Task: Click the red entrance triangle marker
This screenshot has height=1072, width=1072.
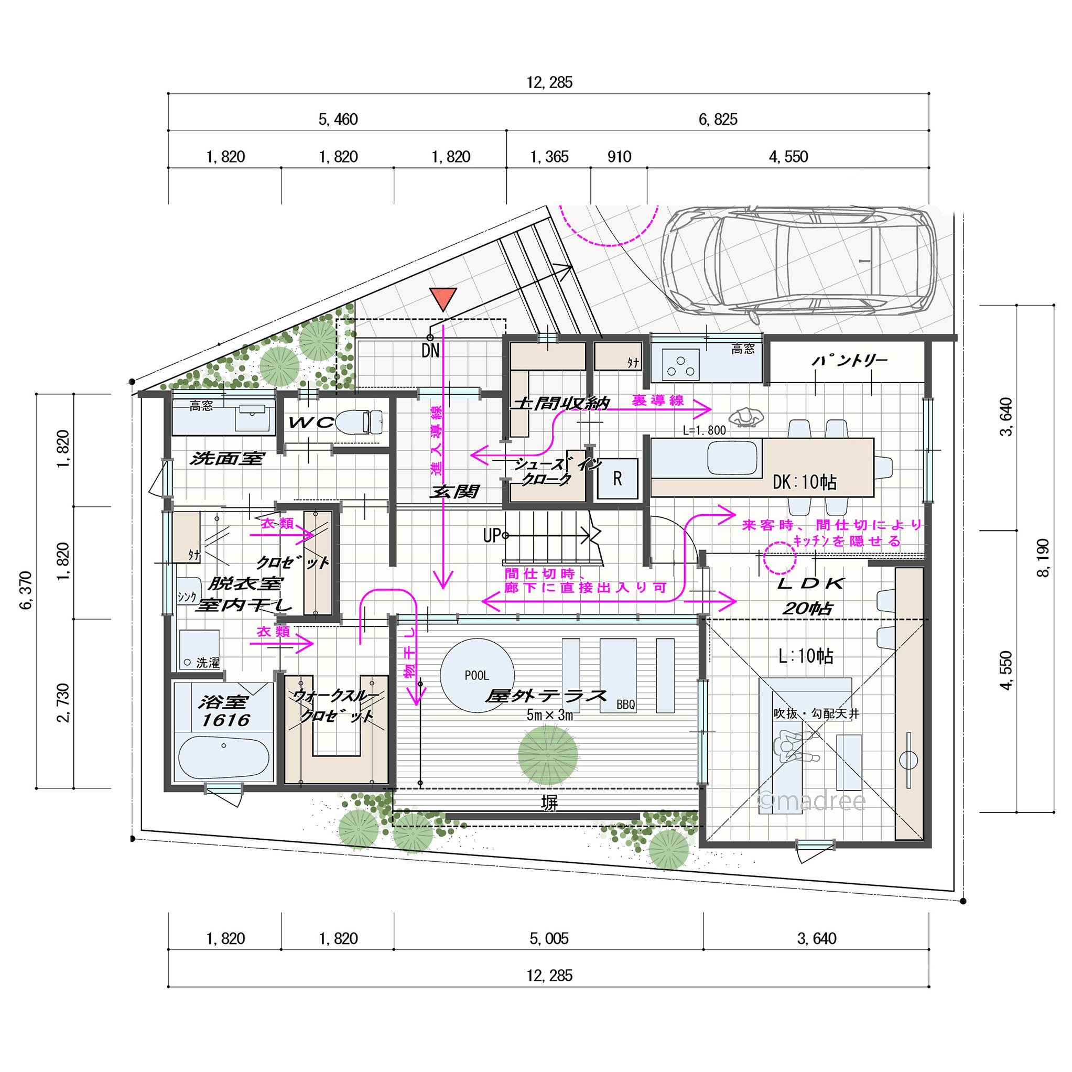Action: [443, 298]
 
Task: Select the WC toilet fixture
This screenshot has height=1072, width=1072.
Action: [360, 421]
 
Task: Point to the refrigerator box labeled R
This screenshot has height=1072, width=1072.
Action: [617, 478]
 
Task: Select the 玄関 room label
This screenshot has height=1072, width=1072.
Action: [454, 492]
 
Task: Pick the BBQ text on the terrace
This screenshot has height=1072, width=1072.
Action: [626, 705]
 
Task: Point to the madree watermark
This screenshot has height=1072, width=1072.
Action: [813, 801]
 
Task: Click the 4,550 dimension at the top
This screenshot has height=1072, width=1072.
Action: [788, 157]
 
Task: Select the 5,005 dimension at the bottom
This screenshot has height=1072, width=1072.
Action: [549, 939]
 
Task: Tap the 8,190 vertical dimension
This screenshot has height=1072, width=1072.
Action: [1043, 558]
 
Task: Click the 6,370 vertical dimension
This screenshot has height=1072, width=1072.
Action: [26, 590]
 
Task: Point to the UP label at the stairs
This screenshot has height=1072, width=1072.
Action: [492, 535]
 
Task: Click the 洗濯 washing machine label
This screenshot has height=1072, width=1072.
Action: [208, 663]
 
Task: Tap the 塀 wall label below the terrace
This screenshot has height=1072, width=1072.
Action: [549, 803]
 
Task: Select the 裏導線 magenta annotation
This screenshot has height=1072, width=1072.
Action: [657, 400]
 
